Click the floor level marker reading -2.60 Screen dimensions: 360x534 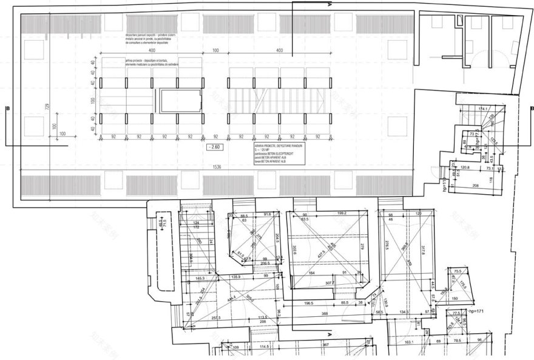214,147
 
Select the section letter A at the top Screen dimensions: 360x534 331,5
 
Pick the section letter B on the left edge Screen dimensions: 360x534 7,109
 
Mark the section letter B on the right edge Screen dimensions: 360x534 531,109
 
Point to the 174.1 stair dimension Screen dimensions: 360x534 484,109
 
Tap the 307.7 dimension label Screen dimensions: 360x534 331,283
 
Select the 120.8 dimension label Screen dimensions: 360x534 465,167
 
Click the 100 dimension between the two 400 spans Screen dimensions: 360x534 215,50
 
